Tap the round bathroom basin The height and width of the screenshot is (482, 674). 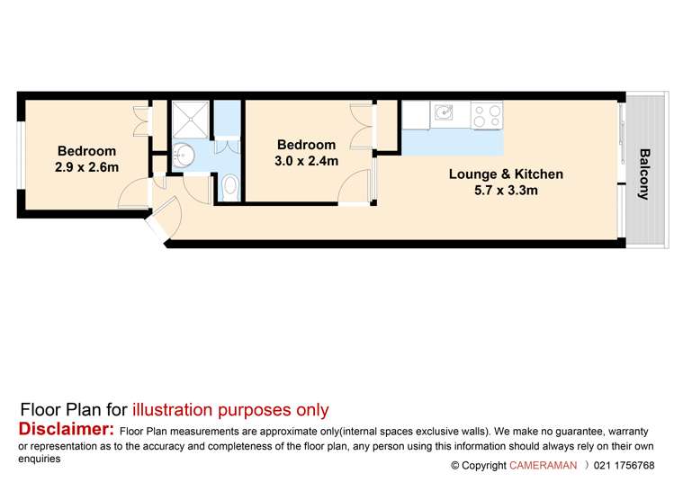click(x=184, y=155)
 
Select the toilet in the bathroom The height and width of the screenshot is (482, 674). click(x=229, y=187)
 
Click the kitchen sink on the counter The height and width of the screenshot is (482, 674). click(x=442, y=113)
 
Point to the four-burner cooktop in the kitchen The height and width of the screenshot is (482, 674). click(x=488, y=114)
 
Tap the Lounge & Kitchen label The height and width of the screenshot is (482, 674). click(x=506, y=174)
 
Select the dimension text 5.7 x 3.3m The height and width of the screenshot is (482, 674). click(x=506, y=190)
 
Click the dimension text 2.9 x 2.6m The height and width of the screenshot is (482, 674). click(x=87, y=167)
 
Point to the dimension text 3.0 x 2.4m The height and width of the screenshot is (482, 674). click(x=306, y=161)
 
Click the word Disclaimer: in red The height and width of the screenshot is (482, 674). click(x=66, y=429)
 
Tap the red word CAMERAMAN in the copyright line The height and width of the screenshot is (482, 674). click(x=543, y=465)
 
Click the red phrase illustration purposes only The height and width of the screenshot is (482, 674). click(x=230, y=410)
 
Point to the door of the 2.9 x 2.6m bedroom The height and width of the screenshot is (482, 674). click(x=133, y=192)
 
